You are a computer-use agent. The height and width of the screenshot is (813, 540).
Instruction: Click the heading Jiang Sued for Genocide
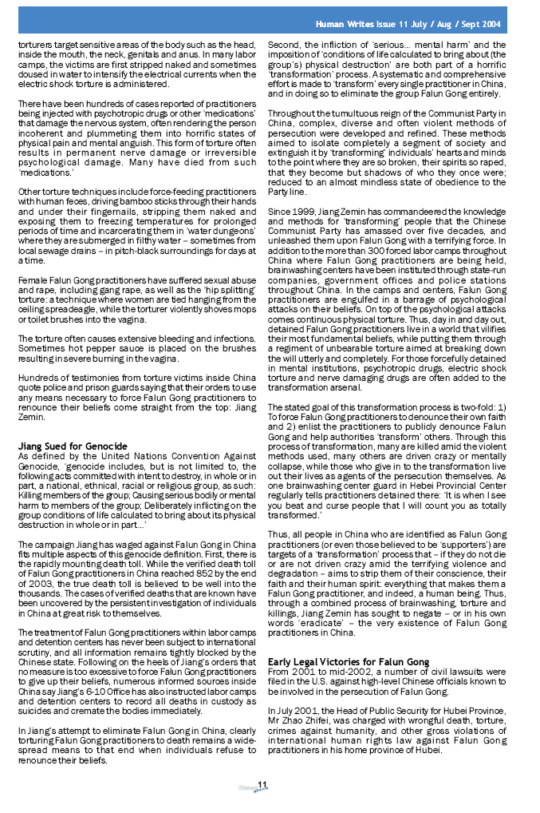[73, 445]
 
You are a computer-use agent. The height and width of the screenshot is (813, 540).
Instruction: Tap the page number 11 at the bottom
[261, 787]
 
